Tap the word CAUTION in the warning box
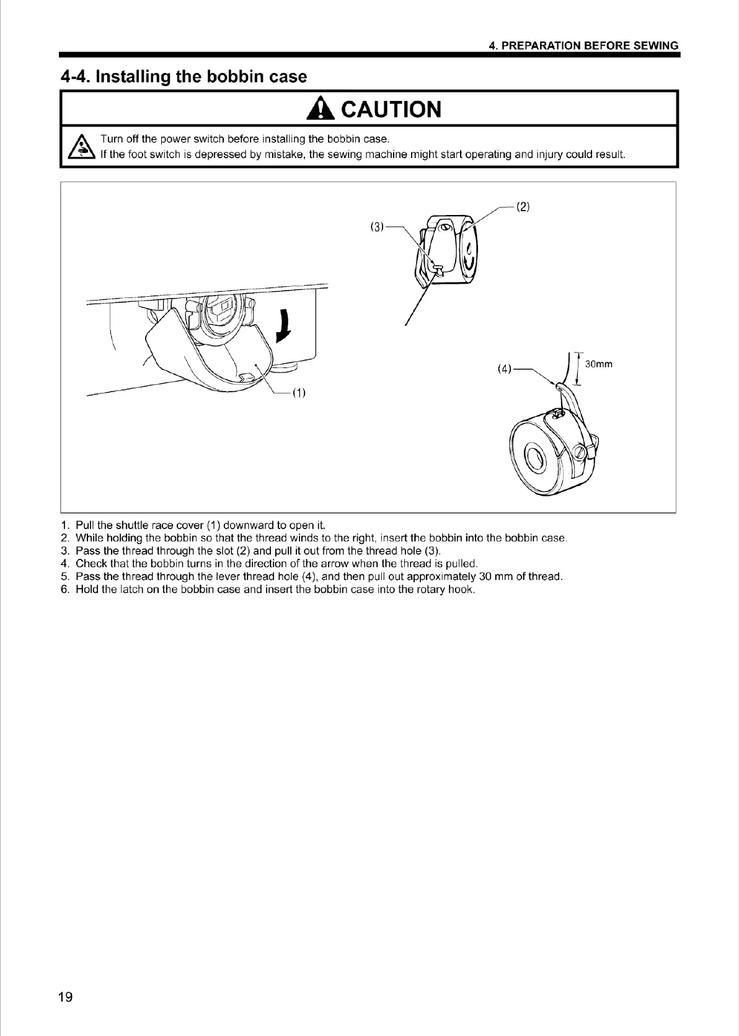(391, 110)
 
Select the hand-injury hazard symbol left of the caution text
(81, 147)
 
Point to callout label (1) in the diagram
(299, 393)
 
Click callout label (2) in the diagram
(523, 207)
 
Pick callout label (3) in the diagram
(377, 226)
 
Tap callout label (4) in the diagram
(505, 369)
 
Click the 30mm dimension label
(599, 364)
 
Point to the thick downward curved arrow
(285, 327)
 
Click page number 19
(65, 997)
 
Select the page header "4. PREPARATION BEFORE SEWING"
(583, 46)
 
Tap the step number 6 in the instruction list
(64, 589)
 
